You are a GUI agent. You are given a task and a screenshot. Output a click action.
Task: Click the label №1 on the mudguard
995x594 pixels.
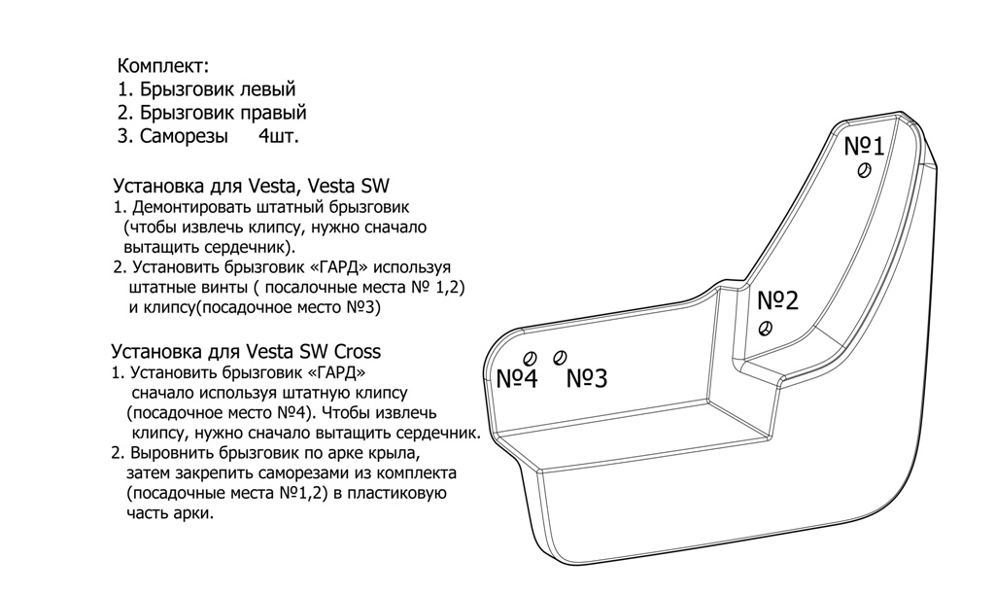coord(864,147)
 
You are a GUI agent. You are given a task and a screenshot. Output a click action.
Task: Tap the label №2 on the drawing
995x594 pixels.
coord(777,300)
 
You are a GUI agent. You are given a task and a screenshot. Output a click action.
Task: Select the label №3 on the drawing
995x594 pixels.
coord(586,378)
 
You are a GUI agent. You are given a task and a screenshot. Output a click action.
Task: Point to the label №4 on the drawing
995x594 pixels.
coord(517,379)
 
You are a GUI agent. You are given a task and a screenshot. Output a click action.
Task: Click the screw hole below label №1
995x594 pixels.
coord(864,170)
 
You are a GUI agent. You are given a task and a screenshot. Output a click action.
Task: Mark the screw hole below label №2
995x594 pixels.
coord(766,329)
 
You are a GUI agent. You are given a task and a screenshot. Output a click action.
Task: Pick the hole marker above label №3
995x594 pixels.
coord(559,358)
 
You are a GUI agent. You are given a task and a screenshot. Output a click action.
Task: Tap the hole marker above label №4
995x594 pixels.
coord(530,359)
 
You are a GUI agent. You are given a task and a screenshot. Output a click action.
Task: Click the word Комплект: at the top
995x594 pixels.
coord(163,66)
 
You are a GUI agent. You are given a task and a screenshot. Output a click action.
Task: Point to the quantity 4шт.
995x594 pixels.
coord(279,136)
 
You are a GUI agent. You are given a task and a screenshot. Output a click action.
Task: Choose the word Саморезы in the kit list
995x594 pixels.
coord(184,136)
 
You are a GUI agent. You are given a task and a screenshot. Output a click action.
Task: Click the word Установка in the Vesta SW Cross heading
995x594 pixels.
coord(157,352)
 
